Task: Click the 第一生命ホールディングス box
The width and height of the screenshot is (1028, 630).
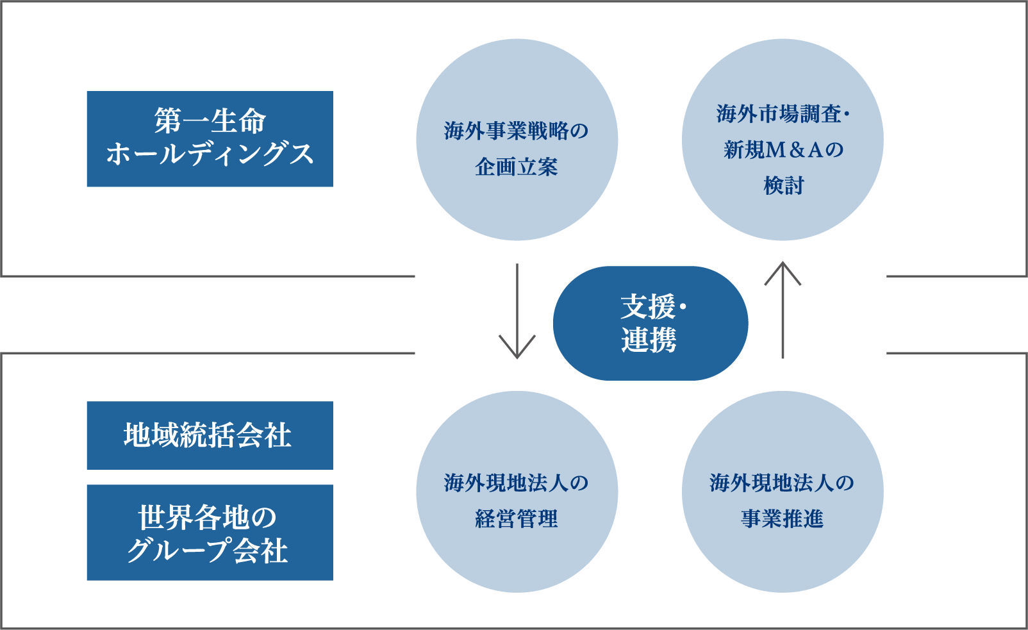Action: click(x=210, y=138)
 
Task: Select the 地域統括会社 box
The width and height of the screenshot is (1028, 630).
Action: click(x=210, y=435)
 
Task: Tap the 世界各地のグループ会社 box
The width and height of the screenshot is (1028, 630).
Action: click(x=210, y=532)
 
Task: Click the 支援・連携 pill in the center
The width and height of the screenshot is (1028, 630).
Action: click(x=650, y=323)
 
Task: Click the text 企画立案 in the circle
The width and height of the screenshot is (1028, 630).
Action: click(x=517, y=167)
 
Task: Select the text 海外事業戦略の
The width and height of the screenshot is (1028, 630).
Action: click(x=517, y=131)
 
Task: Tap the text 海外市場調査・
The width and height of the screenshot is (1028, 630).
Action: click(x=782, y=114)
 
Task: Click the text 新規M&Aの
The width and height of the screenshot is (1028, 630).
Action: click(x=782, y=150)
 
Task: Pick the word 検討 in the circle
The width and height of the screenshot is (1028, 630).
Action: click(x=783, y=186)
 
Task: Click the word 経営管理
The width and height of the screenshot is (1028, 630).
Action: click(x=517, y=518)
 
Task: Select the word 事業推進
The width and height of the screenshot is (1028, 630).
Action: click(x=782, y=518)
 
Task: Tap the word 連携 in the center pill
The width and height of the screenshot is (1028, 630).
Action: click(x=649, y=340)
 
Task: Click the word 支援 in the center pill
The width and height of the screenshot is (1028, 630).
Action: click(x=647, y=306)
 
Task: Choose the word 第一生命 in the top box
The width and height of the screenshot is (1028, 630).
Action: click(x=210, y=120)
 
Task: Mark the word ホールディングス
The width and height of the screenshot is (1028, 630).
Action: click(x=210, y=154)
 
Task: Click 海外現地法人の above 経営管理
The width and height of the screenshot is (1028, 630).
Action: click(x=517, y=483)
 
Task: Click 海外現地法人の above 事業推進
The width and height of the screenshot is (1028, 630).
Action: click(x=782, y=483)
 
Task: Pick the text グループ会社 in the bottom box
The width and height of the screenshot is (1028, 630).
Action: click(x=207, y=551)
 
